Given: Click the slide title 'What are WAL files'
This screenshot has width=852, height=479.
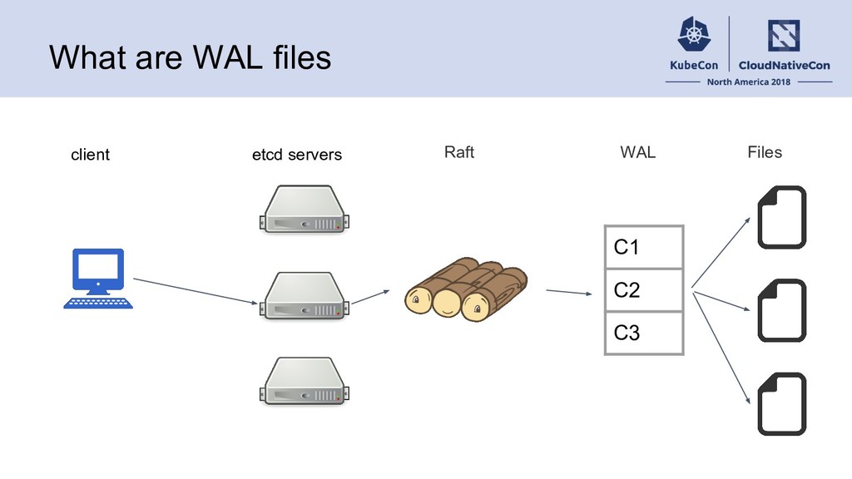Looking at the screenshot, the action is click(x=191, y=57).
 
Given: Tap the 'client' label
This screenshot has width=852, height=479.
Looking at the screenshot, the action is click(x=90, y=155).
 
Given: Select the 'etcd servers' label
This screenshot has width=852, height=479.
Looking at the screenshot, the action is click(x=297, y=155).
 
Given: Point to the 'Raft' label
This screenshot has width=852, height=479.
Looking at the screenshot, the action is click(x=459, y=152).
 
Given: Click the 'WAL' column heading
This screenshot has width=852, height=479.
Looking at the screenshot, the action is click(x=638, y=152).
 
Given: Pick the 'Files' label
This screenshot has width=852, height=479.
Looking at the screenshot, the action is click(x=765, y=152).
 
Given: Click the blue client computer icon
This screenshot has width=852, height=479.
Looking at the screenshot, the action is click(x=98, y=279).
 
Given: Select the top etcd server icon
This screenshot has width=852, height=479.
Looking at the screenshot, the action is click(x=305, y=210).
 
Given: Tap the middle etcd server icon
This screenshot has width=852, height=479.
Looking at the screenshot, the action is click(x=305, y=296).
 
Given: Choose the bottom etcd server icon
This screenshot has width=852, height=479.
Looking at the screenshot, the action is click(x=305, y=381).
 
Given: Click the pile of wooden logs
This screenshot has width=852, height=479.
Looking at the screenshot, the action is click(x=466, y=289).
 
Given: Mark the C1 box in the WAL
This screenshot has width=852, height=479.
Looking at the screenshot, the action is click(x=644, y=247).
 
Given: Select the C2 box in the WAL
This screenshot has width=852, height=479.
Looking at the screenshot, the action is click(x=644, y=290).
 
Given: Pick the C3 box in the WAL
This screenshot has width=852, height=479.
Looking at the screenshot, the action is click(x=644, y=333).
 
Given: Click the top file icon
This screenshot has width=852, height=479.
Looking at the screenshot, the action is click(x=782, y=217).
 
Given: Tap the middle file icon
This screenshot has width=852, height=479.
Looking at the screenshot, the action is click(x=782, y=311).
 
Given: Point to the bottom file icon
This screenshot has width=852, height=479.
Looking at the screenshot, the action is click(x=782, y=404).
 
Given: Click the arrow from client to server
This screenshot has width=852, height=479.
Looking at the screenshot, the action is click(x=196, y=291).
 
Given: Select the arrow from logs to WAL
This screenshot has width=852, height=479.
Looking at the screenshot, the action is click(x=569, y=292).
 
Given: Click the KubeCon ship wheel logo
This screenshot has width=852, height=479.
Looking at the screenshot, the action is click(x=694, y=34).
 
